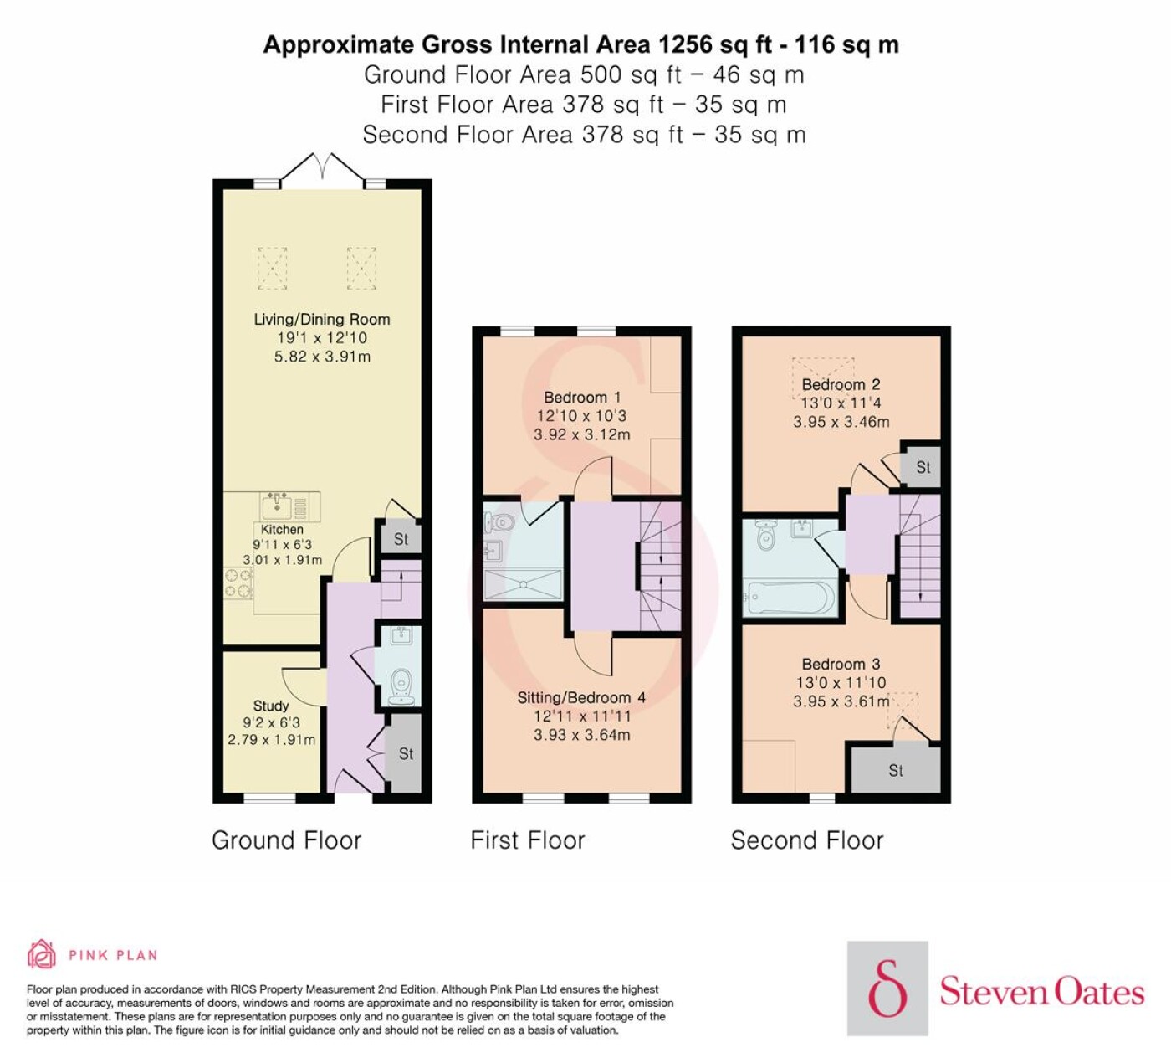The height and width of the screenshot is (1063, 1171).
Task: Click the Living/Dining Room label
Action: (322, 320)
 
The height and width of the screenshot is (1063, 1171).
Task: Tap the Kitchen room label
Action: (282, 530)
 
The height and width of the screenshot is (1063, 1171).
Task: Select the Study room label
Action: (271, 706)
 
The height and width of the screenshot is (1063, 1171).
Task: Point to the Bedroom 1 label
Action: (582, 398)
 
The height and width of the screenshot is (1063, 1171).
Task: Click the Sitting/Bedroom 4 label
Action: (581, 698)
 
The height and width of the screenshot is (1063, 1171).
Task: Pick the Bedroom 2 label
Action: (841, 384)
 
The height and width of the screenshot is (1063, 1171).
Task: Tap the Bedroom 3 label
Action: (841, 664)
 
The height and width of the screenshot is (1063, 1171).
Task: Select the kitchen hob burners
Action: (238, 583)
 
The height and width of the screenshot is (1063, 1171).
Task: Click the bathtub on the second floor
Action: (790, 598)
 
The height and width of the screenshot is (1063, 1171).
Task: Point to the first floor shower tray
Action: (523, 584)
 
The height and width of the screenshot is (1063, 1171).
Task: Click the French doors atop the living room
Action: (322, 167)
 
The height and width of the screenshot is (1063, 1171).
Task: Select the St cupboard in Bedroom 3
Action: (896, 770)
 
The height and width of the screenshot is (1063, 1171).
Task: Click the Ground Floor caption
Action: (287, 840)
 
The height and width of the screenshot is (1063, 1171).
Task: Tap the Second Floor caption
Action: (807, 840)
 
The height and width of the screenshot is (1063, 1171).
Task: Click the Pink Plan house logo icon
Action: (42, 954)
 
